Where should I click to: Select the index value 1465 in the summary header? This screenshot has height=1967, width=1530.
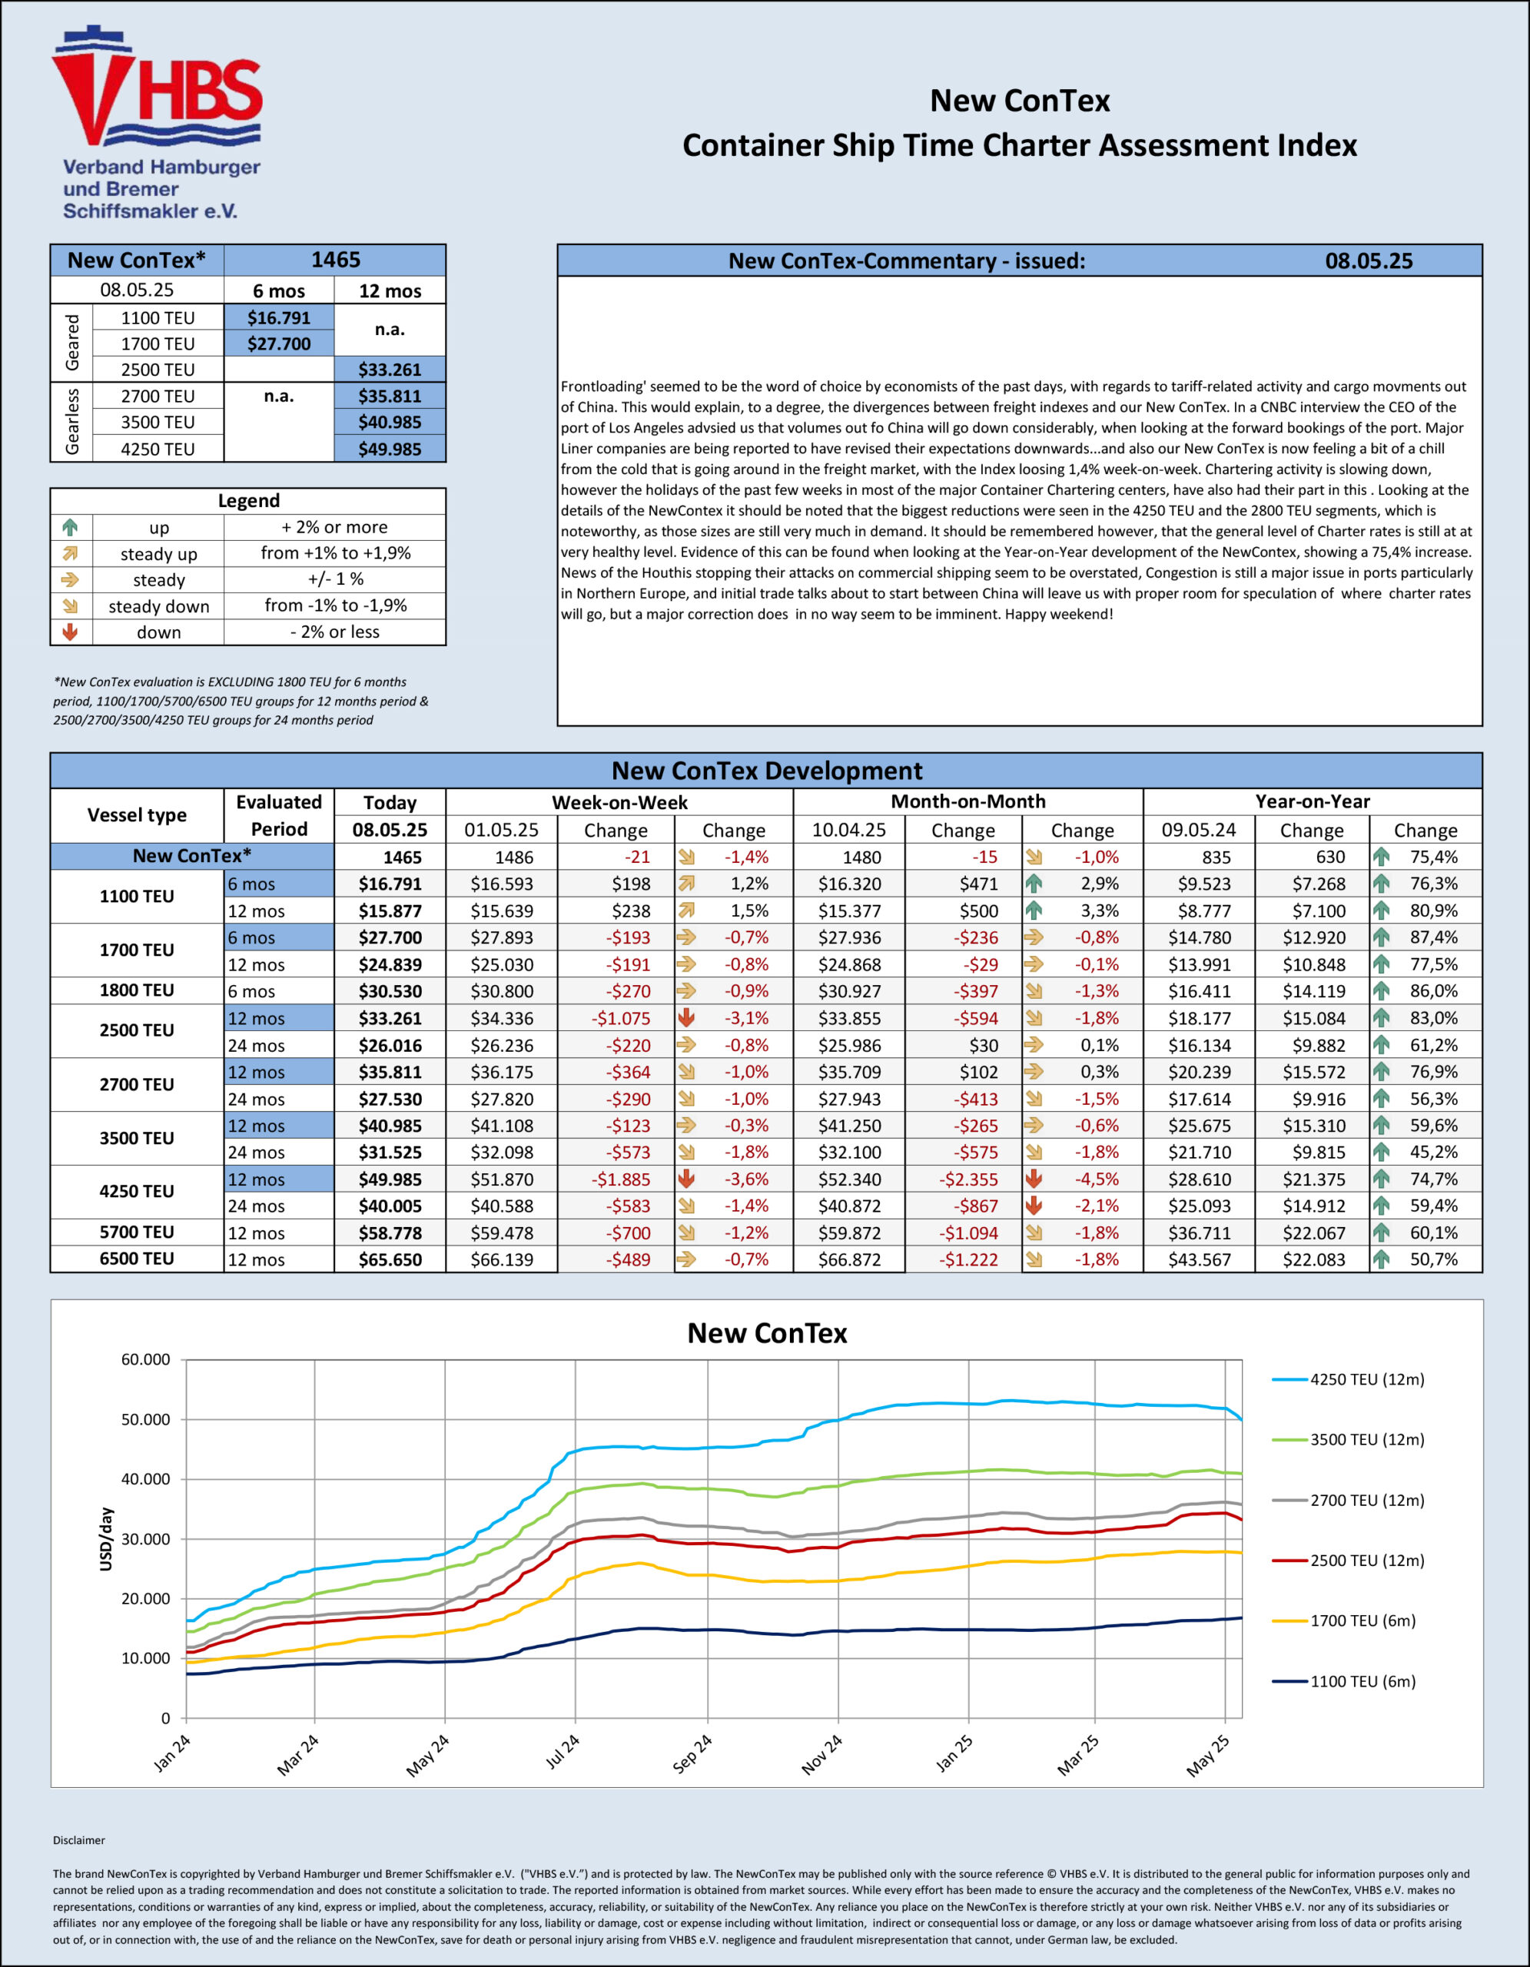pos(335,260)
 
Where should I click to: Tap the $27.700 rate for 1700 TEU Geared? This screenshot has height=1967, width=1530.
pos(278,344)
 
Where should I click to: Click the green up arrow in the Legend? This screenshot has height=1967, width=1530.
pos(70,527)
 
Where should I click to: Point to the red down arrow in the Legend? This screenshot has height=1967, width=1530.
pos(70,632)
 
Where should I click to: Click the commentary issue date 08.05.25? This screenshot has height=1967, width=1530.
pos(1368,261)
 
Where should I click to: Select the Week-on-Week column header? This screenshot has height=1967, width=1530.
pos(619,801)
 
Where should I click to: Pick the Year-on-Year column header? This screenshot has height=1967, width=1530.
pos(1312,801)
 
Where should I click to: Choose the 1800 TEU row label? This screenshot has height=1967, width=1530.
pos(137,990)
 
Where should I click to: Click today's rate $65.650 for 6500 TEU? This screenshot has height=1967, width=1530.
pos(390,1259)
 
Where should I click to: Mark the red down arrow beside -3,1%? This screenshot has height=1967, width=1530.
pos(686,1018)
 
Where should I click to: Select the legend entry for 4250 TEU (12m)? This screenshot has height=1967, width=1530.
pos(1348,1379)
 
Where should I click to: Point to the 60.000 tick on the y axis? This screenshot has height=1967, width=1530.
pos(146,1359)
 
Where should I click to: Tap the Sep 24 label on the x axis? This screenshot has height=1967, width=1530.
pos(692,1753)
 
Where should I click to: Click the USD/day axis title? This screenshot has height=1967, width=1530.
pos(106,1539)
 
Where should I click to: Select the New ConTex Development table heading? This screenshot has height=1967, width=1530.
pos(766,771)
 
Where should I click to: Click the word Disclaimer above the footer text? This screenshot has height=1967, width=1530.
pos(79,1840)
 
